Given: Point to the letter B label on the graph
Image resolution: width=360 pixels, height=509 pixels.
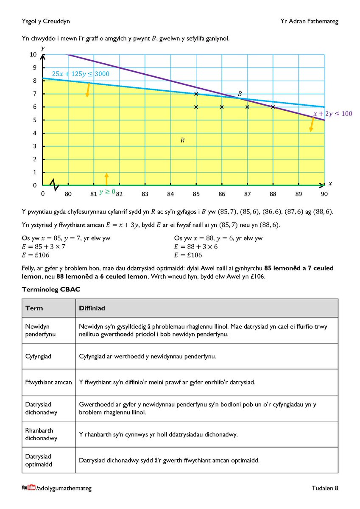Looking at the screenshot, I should click(x=240, y=94).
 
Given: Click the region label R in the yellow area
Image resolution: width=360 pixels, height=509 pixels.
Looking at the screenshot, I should click(x=182, y=140).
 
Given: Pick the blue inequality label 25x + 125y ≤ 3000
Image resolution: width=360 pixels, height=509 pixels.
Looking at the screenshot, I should click(x=81, y=74).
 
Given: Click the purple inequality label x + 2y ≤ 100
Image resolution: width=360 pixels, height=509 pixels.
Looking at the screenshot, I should click(x=332, y=114).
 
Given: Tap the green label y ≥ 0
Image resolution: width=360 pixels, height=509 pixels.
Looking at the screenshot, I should click(x=107, y=192).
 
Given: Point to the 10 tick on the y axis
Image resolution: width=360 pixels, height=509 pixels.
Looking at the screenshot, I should click(x=33, y=55).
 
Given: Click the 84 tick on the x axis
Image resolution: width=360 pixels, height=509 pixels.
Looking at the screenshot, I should click(x=170, y=194).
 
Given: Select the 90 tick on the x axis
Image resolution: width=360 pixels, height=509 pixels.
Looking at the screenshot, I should click(x=324, y=194).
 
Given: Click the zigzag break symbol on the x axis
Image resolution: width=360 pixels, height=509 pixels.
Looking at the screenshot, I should click(x=54, y=185).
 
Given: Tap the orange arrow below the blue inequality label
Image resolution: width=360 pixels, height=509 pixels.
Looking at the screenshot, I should click(x=88, y=90).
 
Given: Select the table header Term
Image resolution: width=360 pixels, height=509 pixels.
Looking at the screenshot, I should click(x=34, y=308).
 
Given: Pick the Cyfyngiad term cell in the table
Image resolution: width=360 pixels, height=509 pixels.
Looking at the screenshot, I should click(x=38, y=356).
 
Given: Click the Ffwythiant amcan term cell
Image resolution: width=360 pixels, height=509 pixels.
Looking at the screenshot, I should click(x=48, y=382).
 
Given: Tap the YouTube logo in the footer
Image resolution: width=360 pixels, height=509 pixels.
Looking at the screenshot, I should click(x=28, y=488).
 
